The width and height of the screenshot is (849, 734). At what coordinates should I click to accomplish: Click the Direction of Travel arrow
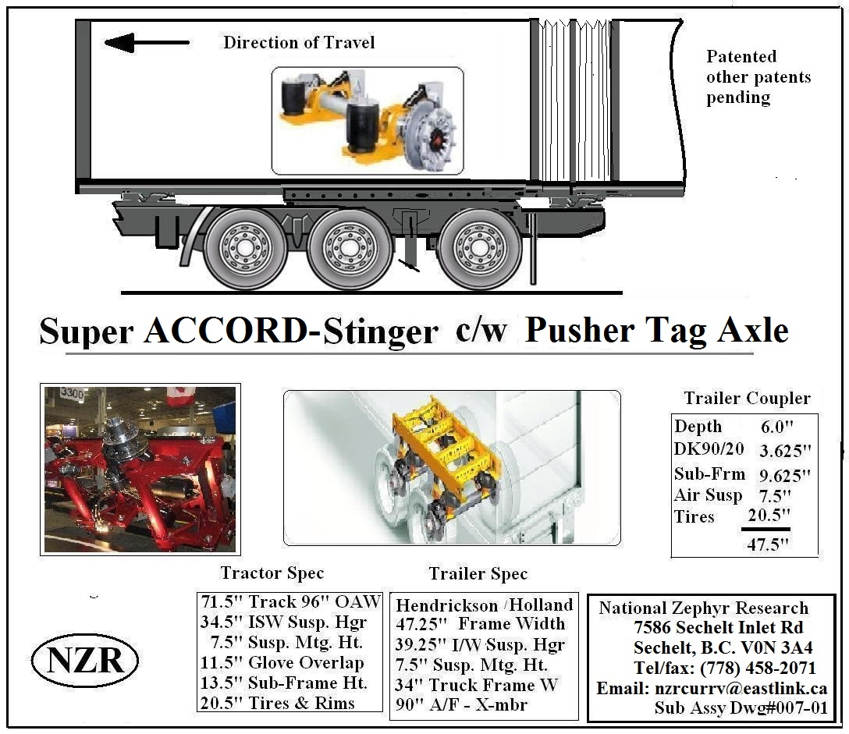[146, 42]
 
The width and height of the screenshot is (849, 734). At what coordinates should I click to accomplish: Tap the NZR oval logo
[85, 661]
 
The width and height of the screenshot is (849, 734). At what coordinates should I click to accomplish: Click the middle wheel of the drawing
[350, 248]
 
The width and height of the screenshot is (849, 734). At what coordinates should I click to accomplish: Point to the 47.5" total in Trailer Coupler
[768, 544]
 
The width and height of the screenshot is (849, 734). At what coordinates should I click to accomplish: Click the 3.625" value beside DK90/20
[785, 450]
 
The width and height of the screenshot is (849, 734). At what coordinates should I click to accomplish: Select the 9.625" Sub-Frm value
[784, 475]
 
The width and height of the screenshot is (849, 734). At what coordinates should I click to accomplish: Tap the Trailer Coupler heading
[748, 398]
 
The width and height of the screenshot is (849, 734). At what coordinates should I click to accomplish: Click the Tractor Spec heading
[272, 573]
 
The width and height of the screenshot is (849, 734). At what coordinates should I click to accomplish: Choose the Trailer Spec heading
[478, 573]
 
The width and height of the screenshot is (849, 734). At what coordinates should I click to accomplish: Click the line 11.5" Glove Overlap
[282, 662]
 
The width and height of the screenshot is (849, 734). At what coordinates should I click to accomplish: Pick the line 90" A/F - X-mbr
[461, 705]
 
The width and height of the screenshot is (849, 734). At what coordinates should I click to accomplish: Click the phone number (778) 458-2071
[758, 668]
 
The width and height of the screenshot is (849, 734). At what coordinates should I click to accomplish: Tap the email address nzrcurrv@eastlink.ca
[741, 688]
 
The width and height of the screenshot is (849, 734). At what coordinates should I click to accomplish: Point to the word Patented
[741, 56]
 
